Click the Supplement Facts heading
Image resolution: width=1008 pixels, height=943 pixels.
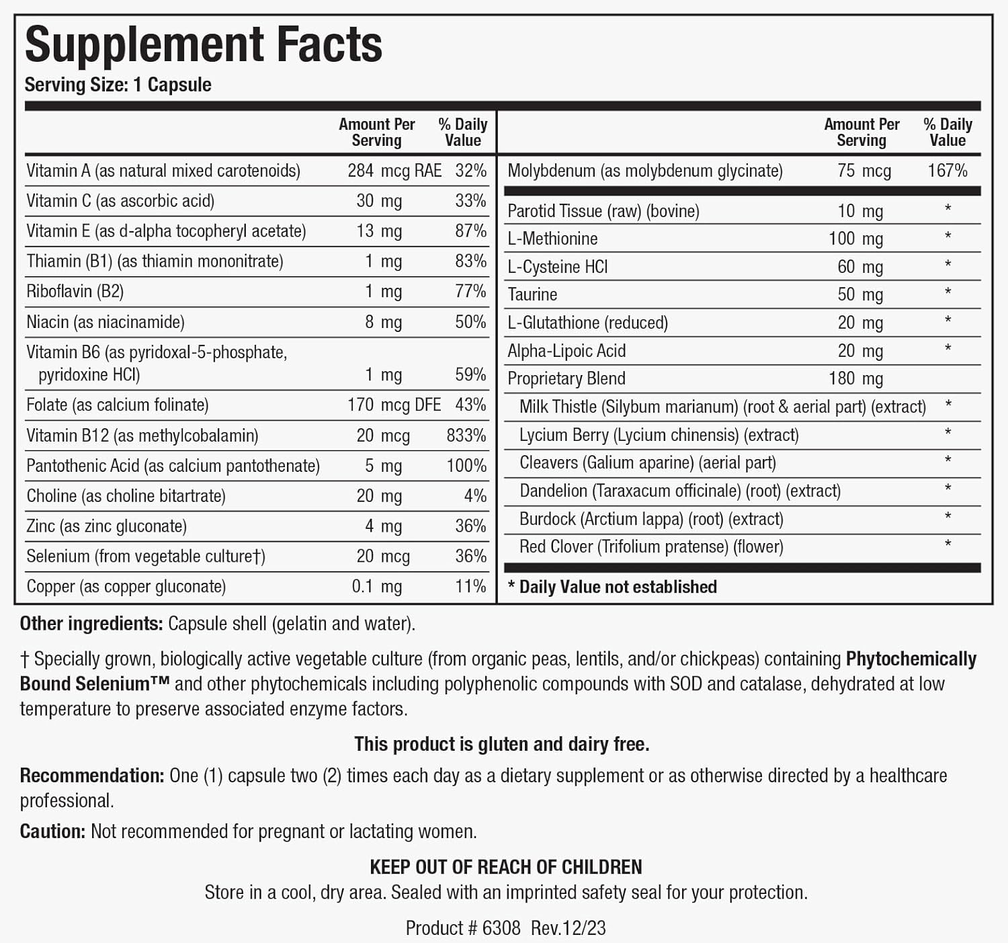[203, 45]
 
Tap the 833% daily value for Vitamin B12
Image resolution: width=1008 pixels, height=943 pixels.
[466, 436]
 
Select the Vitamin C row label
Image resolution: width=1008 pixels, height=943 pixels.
[120, 201]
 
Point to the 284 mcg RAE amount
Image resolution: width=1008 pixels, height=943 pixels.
[394, 171]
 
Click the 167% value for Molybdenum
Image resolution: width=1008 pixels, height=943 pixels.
[947, 171]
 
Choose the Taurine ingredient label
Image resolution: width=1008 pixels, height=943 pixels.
[532, 294]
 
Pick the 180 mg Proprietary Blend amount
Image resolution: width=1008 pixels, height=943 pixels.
[855, 378]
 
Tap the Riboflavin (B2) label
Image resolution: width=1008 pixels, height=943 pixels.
[75, 292]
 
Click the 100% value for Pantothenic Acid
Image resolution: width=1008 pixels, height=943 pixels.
[466, 466]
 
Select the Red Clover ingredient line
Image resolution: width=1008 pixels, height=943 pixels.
[650, 547]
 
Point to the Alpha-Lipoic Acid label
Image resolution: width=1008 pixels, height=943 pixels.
[566, 351]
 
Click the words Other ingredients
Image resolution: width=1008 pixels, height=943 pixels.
[91, 624]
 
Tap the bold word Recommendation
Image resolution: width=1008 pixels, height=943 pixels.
[91, 776]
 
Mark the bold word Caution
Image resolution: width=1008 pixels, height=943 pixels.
[52, 831]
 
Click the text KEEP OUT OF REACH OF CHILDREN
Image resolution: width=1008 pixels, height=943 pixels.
[505, 867]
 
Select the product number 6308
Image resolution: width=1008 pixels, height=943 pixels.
[501, 928]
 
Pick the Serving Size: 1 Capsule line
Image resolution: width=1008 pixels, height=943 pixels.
[118, 85]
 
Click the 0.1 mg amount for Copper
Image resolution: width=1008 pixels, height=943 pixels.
[376, 587]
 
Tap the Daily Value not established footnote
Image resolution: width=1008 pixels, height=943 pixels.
[612, 587]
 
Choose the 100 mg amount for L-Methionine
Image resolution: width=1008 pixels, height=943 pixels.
[855, 239]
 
